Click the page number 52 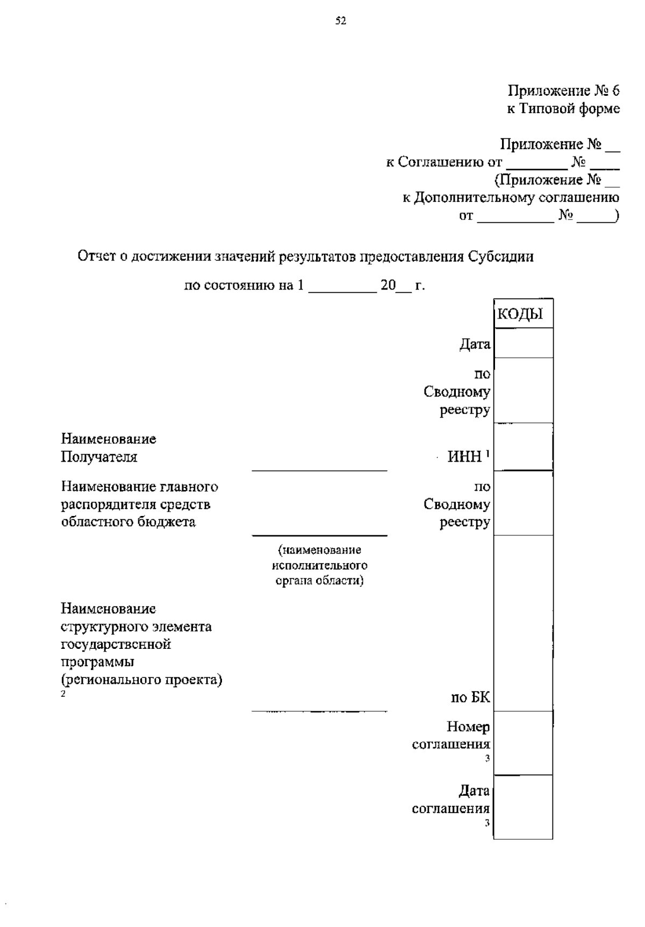click(340, 21)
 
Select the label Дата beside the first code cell click(475, 344)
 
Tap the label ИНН click(465, 457)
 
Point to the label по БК click(470, 698)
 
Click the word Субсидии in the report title click(500, 257)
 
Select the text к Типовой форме click(563, 109)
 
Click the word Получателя click(99, 457)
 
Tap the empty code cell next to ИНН click(523, 447)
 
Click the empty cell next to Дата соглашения click(523, 807)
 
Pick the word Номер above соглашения click(468, 727)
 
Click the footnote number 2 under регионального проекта click(63, 694)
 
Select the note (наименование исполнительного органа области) click(319, 565)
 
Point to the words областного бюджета click(128, 522)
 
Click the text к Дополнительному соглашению click(511, 197)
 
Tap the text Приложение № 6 click(563, 91)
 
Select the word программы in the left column click(97, 662)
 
